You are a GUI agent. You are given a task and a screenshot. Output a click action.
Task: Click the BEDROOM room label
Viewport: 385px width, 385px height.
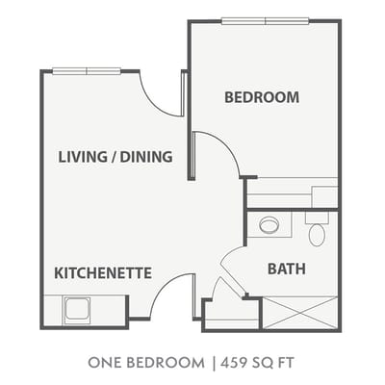(262, 97)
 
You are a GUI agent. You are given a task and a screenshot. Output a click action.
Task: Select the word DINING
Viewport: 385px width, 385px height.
(146, 157)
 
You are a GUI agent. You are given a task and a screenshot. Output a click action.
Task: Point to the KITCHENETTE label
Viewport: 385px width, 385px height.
(103, 273)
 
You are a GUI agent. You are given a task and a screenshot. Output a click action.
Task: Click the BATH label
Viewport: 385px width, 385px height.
(287, 269)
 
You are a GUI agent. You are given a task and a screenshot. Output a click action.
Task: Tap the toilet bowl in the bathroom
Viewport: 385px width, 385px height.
(317, 235)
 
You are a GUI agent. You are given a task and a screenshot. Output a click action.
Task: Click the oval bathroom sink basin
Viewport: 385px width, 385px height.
(269, 225)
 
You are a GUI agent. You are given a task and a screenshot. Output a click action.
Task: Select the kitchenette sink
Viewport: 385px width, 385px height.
(77, 310)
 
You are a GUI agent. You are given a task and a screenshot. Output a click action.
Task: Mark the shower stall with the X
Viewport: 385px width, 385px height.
(300, 313)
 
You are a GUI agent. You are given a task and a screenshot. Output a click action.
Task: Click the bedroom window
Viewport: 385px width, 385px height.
(266, 21)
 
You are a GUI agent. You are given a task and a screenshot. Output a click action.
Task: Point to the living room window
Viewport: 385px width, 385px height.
(87, 71)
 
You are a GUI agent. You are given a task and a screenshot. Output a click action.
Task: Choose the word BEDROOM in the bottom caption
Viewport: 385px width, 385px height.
(166, 363)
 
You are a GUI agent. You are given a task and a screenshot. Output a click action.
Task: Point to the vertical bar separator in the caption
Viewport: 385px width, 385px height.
(213, 363)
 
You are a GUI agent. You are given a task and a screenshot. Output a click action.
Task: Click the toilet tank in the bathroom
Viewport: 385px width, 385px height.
(317, 218)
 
